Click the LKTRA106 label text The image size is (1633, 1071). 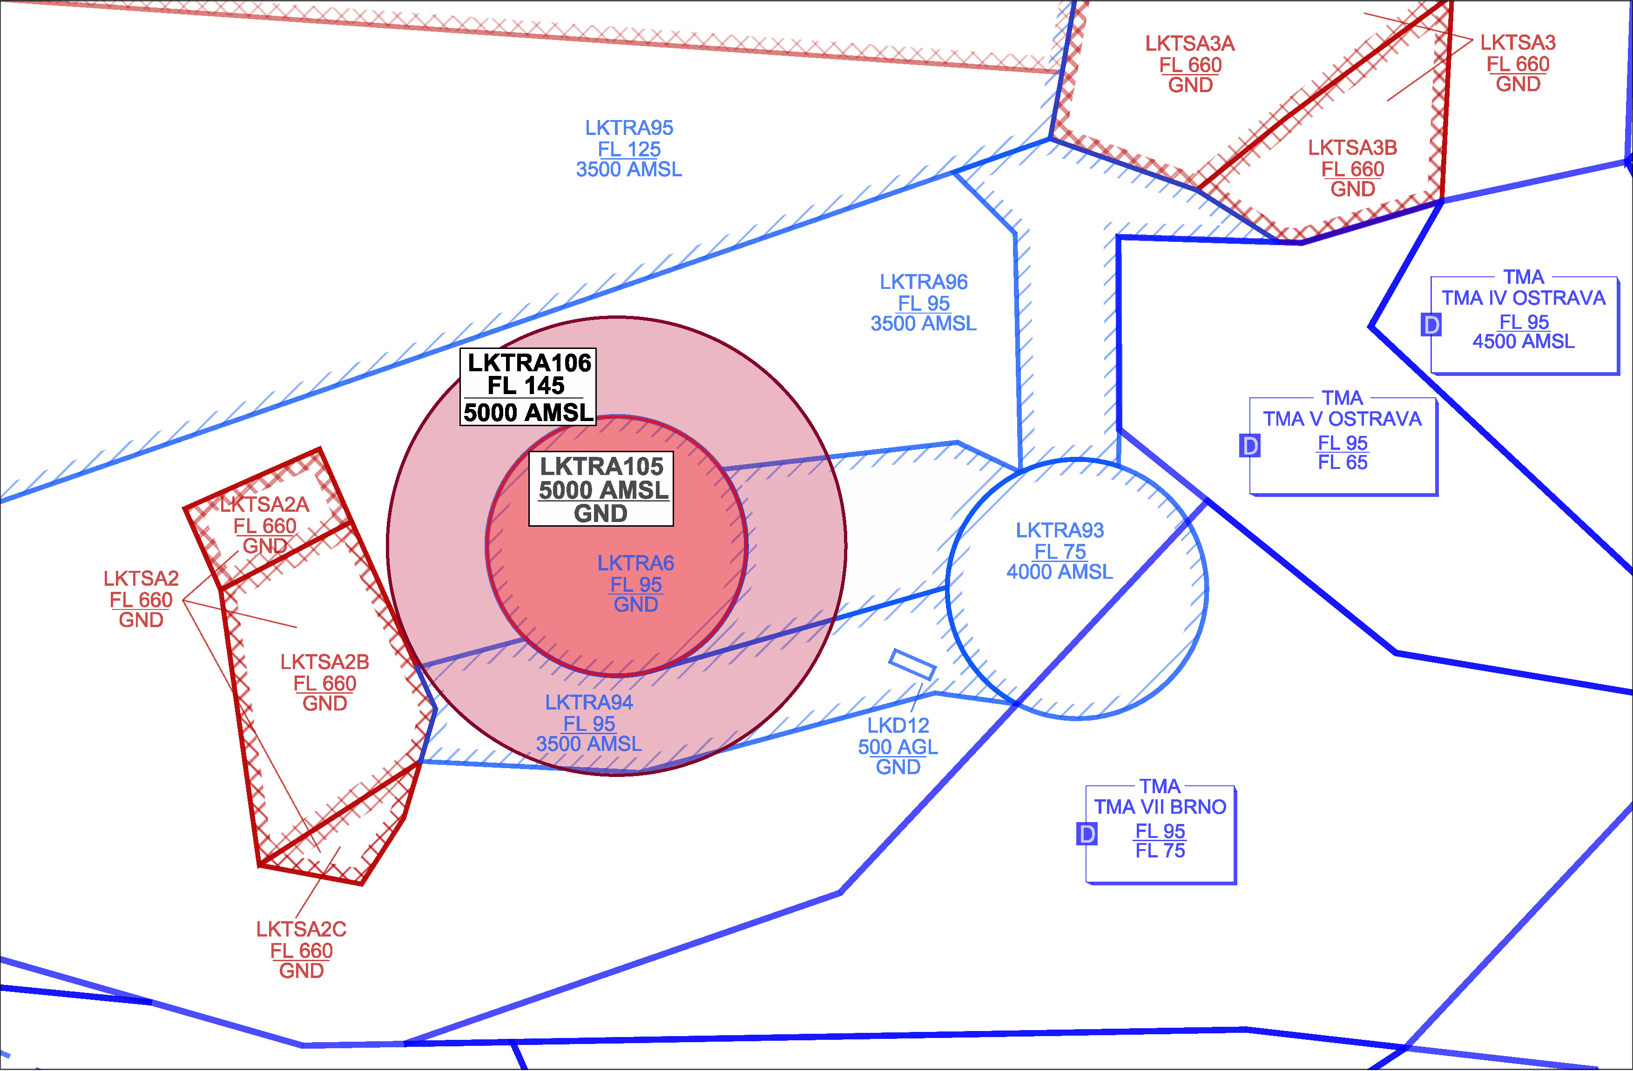click(529, 363)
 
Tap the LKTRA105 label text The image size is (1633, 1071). click(601, 466)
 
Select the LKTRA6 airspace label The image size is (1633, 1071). click(635, 563)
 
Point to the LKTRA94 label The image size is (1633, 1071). click(589, 702)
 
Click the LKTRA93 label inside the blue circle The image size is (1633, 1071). click(1059, 530)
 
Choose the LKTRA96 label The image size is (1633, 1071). click(924, 282)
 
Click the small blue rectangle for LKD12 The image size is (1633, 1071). click(912, 664)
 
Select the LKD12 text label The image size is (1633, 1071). click(898, 725)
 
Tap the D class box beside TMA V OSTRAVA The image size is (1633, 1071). click(1250, 446)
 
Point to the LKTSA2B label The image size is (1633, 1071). click(324, 662)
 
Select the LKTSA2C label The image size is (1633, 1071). click(301, 929)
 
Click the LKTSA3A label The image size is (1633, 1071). click(1190, 43)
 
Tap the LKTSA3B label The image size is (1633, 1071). click(1352, 147)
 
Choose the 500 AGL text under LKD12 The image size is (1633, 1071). click(897, 747)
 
